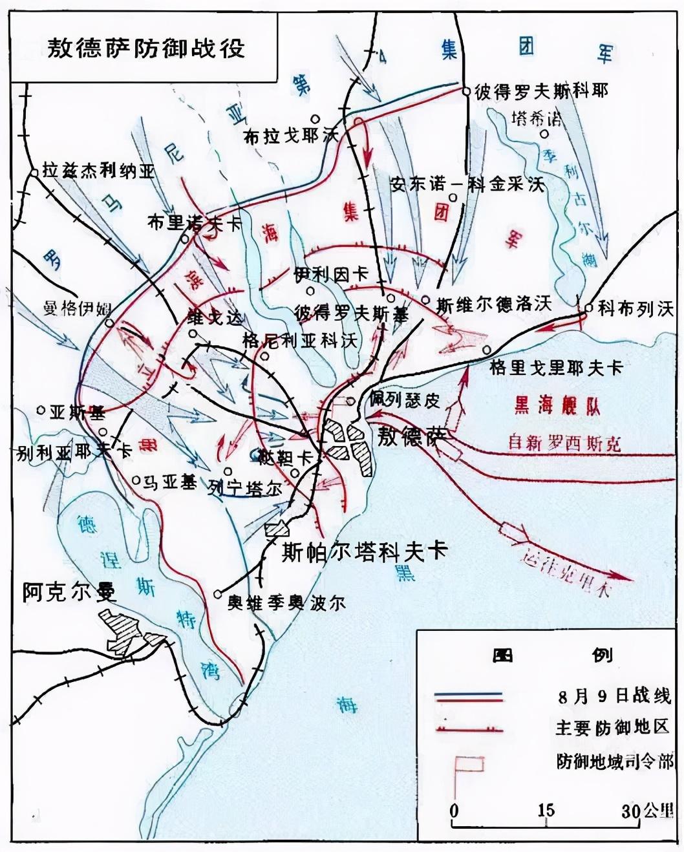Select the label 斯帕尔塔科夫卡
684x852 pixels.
coord(365,551)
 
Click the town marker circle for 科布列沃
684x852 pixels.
coord(588,308)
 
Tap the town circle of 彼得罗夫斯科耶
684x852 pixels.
coord(465,92)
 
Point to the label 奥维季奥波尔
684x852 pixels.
coord(286,602)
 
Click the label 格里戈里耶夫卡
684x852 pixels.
coord(556,367)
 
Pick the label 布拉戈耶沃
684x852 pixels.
coord(291,136)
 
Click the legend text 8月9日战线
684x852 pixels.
coord(612,697)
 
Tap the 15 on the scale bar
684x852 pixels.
coord(546,810)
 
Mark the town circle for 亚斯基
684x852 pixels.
coord(41,410)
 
